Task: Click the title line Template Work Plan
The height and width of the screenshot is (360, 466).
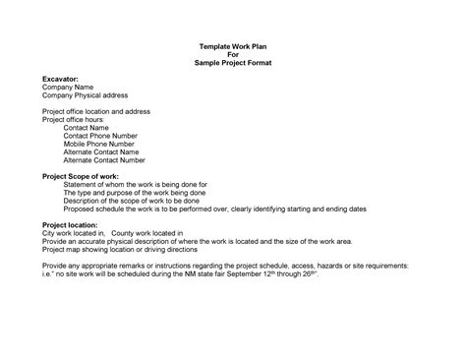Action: coord(233,46)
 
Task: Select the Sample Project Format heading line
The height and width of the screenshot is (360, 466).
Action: coord(233,62)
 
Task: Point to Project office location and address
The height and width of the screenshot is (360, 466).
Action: coord(96,111)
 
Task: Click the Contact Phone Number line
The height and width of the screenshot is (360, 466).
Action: coord(99,136)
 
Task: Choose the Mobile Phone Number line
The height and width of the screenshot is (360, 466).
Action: coord(98,144)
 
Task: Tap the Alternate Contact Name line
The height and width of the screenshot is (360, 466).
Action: coord(101,151)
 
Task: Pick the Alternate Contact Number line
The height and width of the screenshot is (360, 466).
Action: coord(104,159)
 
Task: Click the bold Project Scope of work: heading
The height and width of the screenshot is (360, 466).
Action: coord(80,175)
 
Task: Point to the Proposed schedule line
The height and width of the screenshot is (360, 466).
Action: coord(202,209)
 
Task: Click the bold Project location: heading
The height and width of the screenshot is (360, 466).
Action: coord(71,224)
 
